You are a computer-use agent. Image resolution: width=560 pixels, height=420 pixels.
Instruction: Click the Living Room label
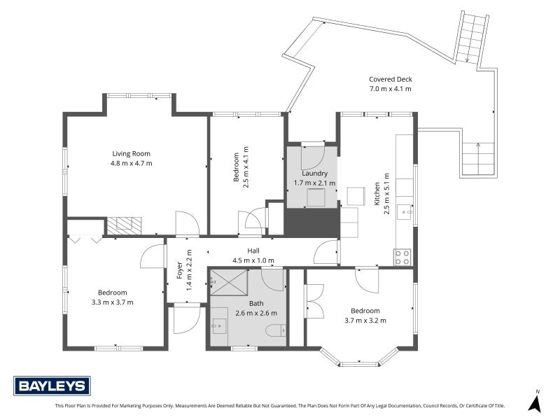coord(131,154)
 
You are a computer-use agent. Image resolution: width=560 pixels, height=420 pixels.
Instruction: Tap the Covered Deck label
coord(391,79)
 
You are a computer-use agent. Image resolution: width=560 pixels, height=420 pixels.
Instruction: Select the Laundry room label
coord(314,174)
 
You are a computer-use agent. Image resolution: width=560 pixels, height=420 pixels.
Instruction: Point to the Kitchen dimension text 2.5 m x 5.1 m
coord(387,194)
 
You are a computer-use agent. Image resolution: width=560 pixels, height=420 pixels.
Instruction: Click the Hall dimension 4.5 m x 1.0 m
coord(253,260)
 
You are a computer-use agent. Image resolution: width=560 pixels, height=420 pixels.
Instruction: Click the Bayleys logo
coord(52,386)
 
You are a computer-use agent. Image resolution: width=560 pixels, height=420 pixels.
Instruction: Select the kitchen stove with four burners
coord(402,257)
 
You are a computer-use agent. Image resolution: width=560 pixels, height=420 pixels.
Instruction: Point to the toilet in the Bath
coord(276,330)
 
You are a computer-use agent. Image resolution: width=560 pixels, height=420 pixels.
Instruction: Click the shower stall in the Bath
coord(229,282)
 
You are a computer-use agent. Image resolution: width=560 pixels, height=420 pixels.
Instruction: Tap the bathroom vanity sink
coord(218,326)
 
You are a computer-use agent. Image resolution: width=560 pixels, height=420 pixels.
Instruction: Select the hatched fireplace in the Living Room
coord(124,226)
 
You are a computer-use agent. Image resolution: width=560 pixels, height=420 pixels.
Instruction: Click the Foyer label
coord(180,270)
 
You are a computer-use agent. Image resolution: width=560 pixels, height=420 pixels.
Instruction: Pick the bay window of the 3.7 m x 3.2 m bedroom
coord(359,357)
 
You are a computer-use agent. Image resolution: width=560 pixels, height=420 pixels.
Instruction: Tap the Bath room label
coord(256,304)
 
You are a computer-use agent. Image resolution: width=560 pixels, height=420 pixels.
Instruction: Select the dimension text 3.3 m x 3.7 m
coord(112,302)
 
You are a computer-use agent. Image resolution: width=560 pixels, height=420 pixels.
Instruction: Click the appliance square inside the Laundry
coord(316,197)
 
